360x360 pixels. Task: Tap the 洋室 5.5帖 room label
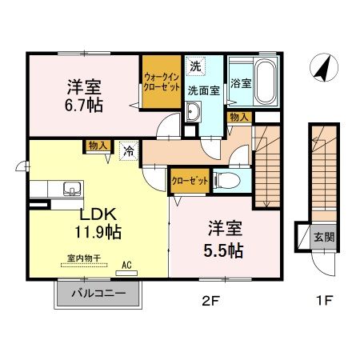[221, 238]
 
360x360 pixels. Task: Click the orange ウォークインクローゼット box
[162, 82]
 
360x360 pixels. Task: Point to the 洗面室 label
[203, 90]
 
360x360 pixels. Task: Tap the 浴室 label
[239, 82]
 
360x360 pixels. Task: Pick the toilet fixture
[226, 180]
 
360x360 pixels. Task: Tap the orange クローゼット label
[190, 181]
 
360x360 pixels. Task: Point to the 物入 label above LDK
[98, 146]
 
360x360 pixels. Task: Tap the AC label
[126, 262]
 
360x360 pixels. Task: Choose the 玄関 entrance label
[323, 236]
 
